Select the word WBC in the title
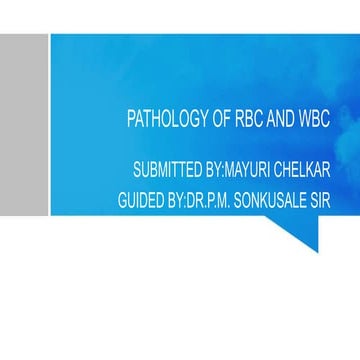316,120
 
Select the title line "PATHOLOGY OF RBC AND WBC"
229,120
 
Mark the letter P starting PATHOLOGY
131,120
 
